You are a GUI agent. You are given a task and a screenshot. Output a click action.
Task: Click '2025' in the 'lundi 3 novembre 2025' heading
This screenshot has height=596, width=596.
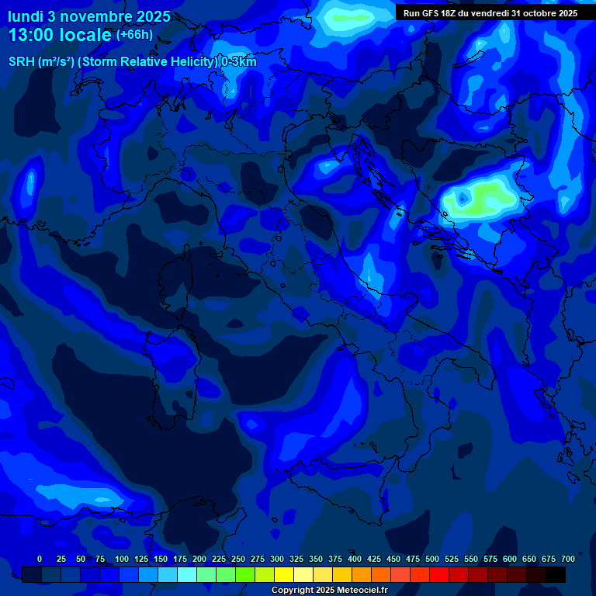(153, 16)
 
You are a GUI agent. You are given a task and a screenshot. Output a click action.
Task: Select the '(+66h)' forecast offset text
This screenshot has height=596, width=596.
(134, 35)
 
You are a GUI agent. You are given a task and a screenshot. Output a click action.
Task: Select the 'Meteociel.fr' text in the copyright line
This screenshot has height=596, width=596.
(360, 591)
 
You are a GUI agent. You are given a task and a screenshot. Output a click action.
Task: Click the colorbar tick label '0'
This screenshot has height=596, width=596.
(40, 560)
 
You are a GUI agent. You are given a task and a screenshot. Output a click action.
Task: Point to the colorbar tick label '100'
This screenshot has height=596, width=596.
(121, 560)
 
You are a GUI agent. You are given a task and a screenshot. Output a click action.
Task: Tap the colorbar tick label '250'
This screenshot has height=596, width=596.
(238, 560)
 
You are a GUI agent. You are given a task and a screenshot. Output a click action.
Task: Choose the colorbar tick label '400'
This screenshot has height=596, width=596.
(355, 560)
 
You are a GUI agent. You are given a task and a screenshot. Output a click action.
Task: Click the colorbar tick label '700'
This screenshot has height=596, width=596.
(568, 560)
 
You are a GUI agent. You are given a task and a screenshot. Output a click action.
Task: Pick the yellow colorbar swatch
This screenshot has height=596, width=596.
(284, 574)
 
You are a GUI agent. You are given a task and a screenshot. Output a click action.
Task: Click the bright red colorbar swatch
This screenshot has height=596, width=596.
(439, 574)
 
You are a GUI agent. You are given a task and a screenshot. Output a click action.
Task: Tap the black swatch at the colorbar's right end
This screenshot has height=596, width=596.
(556, 574)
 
